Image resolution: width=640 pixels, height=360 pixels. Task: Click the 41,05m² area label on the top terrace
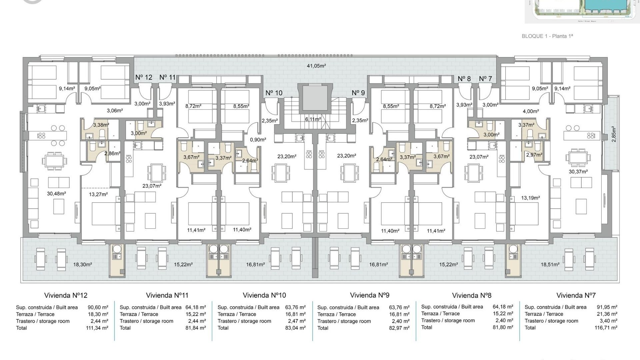point(316,66)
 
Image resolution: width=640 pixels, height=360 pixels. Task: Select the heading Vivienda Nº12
point(66,295)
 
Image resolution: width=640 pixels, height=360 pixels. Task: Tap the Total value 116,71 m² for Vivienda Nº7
point(606,328)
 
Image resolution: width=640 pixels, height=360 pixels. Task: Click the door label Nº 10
point(274,93)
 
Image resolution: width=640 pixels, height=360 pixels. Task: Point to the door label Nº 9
point(358,93)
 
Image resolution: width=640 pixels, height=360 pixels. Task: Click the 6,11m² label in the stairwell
point(313,119)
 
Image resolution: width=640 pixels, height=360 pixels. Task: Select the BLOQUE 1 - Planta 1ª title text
point(547,36)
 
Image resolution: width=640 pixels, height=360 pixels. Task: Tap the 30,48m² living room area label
point(56,194)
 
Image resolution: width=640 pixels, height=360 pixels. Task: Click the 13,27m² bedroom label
point(98,194)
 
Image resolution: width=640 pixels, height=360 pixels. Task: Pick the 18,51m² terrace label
point(550,265)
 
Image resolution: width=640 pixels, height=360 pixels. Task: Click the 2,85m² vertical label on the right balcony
point(614,134)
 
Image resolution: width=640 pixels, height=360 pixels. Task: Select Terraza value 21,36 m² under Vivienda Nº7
point(607,314)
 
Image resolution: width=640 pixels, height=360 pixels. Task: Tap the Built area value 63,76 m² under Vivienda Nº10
point(295,307)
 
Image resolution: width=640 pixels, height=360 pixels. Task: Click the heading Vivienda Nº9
point(369,295)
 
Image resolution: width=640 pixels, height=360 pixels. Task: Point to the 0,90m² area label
point(258,140)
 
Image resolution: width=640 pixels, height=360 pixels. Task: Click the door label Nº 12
point(144,77)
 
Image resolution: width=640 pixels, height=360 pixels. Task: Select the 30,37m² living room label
point(578,172)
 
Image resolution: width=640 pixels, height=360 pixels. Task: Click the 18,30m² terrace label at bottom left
point(82,265)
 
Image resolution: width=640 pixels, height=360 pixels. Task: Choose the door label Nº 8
point(464,79)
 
